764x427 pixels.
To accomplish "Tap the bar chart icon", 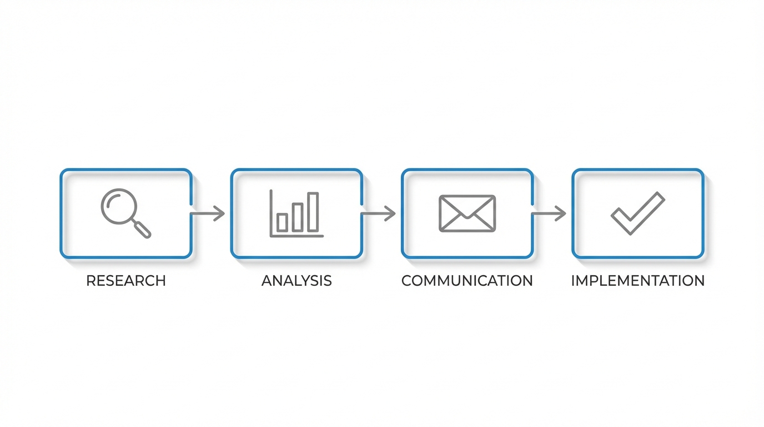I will (296, 214).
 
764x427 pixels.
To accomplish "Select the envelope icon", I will (467, 213).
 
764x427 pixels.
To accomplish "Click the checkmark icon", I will (637, 213).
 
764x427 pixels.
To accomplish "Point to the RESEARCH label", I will (126, 281).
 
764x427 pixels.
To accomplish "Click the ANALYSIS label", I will (296, 281).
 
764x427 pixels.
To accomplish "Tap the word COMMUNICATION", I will (467, 281).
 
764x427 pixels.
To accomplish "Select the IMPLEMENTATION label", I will (637, 281).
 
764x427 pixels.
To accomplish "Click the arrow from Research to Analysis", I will (208, 213).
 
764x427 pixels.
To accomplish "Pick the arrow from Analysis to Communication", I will (378, 213).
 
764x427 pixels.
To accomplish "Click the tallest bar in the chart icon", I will (314, 212).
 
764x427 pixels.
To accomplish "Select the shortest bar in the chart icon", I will (283, 222).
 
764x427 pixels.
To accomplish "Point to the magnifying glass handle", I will (142, 229).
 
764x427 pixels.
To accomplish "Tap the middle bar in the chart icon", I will (298, 217).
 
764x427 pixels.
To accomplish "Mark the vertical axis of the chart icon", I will (271, 213).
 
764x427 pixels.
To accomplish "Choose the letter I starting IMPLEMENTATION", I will (573, 281).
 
